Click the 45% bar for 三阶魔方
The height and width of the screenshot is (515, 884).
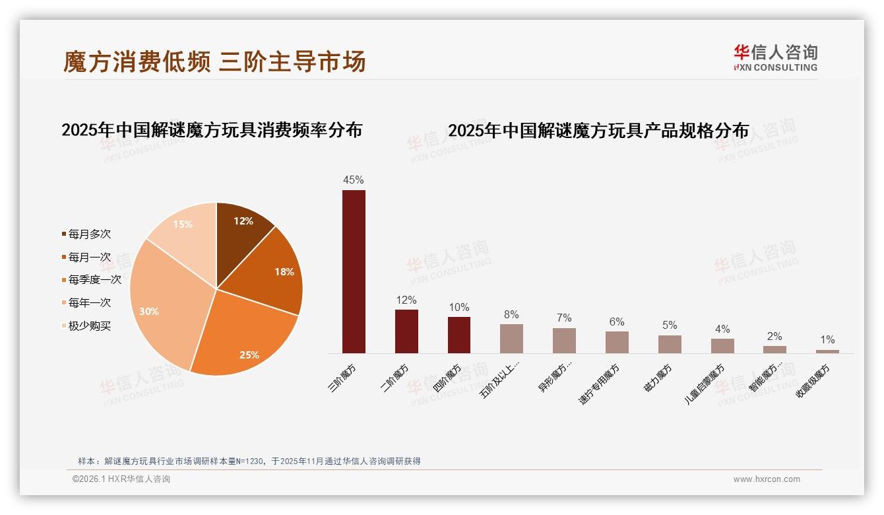(x=354, y=271)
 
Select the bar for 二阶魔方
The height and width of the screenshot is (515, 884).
(x=406, y=331)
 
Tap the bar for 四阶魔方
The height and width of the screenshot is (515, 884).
(x=459, y=335)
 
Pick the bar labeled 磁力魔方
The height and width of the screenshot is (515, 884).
(x=670, y=344)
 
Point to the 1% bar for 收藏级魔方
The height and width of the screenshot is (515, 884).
(x=827, y=351)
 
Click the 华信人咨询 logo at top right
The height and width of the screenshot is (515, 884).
(x=775, y=57)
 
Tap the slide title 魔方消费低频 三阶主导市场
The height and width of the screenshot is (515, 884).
(x=214, y=62)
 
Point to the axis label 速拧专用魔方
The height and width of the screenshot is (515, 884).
(x=600, y=383)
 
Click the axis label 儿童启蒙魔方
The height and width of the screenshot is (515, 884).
(x=705, y=384)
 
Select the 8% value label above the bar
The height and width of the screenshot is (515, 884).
(x=511, y=315)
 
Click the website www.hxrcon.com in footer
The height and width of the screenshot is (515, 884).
(x=767, y=479)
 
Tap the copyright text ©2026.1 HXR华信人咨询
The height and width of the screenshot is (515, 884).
(x=121, y=479)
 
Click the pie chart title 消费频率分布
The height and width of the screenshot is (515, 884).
(x=212, y=130)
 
